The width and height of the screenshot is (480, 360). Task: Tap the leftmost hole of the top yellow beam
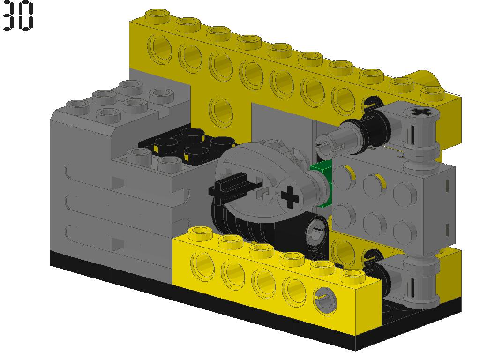click(x=160, y=48)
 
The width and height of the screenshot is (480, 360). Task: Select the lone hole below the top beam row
click(x=220, y=109)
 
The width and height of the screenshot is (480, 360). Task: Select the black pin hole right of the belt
click(x=315, y=228)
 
